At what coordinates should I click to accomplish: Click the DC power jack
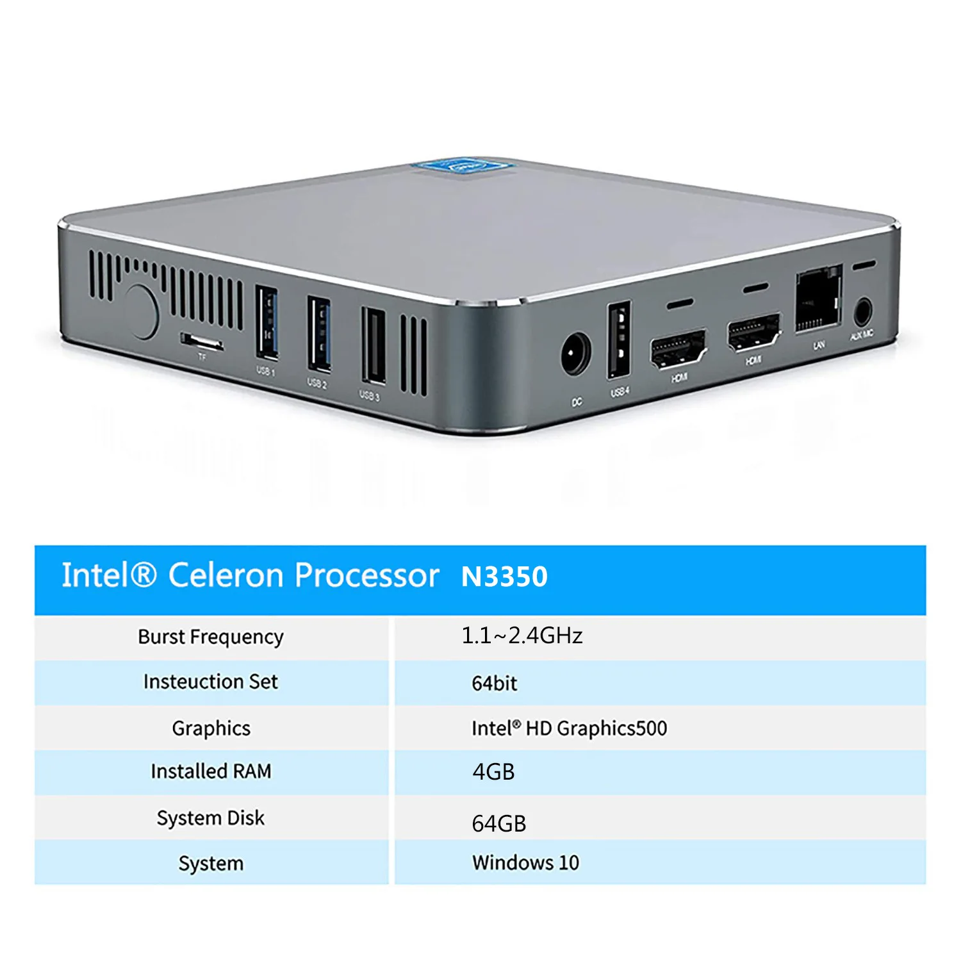576,354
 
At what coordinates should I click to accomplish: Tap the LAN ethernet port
818,299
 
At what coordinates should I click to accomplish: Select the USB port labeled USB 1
267,322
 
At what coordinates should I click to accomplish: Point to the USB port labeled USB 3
374,346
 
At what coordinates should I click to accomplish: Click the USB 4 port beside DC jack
620,340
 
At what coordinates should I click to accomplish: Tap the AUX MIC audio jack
863,313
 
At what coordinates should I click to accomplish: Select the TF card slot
201,341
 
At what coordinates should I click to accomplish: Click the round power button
140,311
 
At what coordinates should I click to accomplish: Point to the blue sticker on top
464,167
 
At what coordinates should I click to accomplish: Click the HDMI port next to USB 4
678,350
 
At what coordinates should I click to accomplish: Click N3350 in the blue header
504,577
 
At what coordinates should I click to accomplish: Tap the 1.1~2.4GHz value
522,636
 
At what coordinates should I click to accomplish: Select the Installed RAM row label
211,771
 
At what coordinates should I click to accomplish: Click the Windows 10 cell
525,862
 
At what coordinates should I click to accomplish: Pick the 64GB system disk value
498,823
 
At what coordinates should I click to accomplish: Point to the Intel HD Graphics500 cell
569,728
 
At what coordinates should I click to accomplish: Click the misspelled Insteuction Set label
211,682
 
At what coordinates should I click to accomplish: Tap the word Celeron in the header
226,575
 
